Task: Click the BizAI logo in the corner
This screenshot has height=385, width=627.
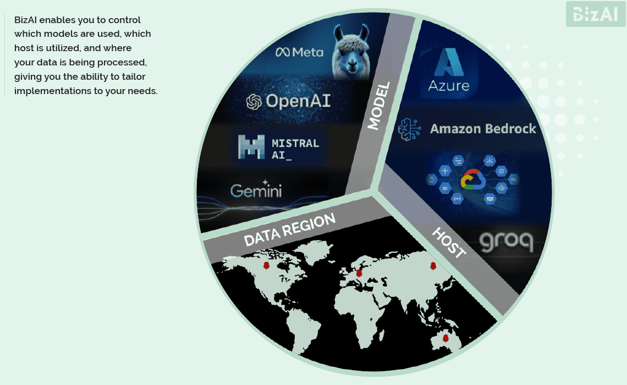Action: tap(596, 14)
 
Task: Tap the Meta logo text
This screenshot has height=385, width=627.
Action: tap(299, 52)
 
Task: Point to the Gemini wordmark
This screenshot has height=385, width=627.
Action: tap(256, 190)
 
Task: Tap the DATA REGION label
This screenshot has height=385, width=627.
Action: tap(289, 229)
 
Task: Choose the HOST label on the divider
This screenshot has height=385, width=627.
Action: tap(448, 243)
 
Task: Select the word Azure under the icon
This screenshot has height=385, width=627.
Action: tap(449, 86)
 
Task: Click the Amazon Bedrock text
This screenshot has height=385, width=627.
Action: tap(482, 129)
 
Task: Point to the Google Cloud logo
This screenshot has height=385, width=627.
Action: tap(473, 179)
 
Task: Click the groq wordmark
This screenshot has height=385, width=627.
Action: tap(505, 242)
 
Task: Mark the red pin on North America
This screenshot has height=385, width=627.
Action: tap(266, 266)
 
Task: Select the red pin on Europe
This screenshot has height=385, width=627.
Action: tap(359, 272)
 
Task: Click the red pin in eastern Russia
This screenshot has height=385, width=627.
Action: tap(432, 266)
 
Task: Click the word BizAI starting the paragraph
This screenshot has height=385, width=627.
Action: tap(26, 20)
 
